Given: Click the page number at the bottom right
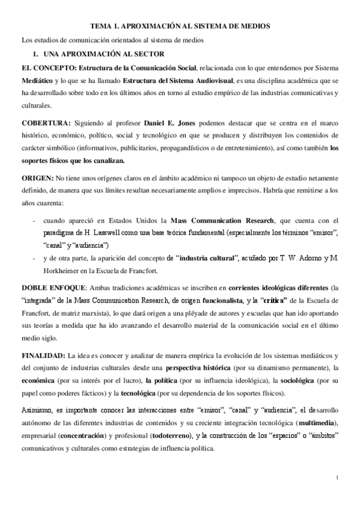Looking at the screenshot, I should (338, 478).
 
